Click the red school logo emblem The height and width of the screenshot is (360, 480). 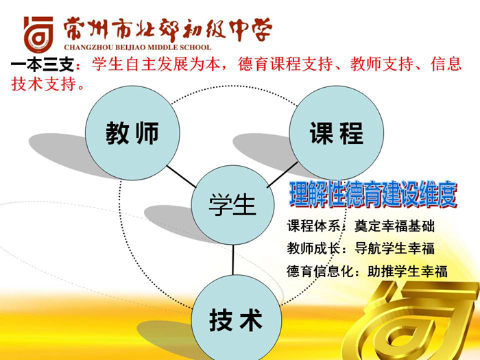(x=39, y=34)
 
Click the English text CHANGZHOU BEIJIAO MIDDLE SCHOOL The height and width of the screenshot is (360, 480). (x=138, y=47)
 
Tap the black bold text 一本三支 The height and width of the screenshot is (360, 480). (x=42, y=64)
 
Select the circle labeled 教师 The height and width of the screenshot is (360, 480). (x=132, y=133)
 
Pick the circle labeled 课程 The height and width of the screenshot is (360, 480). (x=337, y=133)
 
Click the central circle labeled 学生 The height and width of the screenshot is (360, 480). (x=232, y=205)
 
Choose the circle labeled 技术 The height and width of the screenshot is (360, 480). (x=236, y=318)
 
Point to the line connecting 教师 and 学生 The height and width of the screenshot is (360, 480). (x=181, y=177)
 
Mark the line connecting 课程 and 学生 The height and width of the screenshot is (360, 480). (x=283, y=175)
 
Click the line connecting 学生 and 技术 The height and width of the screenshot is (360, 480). (x=233, y=260)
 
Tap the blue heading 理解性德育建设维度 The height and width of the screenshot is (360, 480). (x=373, y=194)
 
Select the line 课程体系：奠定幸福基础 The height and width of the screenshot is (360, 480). (x=361, y=226)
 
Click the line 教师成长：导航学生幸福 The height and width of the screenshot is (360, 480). (x=361, y=248)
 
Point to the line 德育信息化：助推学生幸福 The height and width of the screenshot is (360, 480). (x=367, y=271)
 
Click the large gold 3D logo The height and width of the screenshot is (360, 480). (x=413, y=322)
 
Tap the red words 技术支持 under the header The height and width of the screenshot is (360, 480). (x=44, y=84)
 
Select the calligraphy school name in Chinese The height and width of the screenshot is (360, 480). (x=168, y=30)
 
